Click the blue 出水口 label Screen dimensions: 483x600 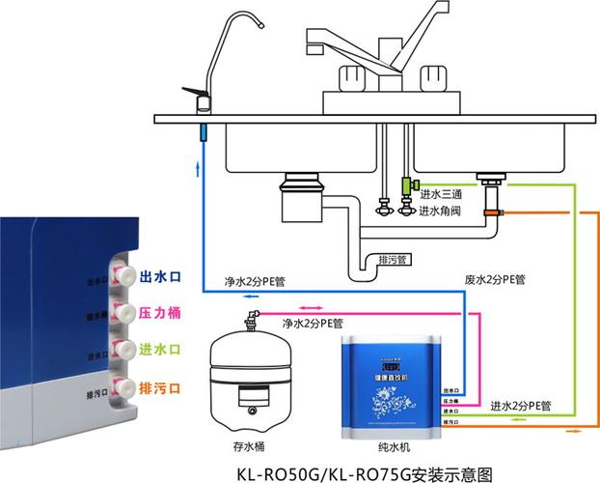click(161, 277)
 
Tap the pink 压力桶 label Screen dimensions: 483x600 click(161, 313)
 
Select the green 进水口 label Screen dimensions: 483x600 click(161, 349)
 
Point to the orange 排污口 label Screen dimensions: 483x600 click(161, 387)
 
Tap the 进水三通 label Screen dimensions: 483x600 click(441, 194)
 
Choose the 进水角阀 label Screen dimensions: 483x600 click(441, 212)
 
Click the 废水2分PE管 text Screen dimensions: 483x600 click(495, 280)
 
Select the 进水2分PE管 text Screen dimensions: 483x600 click(521, 406)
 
